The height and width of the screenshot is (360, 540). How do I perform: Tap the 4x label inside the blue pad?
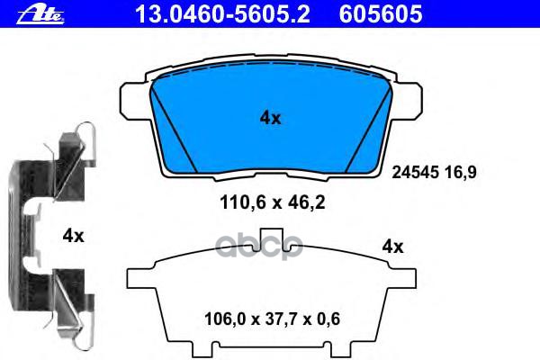pyautogui.click(x=270, y=117)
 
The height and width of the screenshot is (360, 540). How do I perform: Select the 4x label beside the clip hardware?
pyautogui.click(x=73, y=236)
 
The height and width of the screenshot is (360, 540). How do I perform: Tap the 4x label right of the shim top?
pyautogui.click(x=392, y=246)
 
